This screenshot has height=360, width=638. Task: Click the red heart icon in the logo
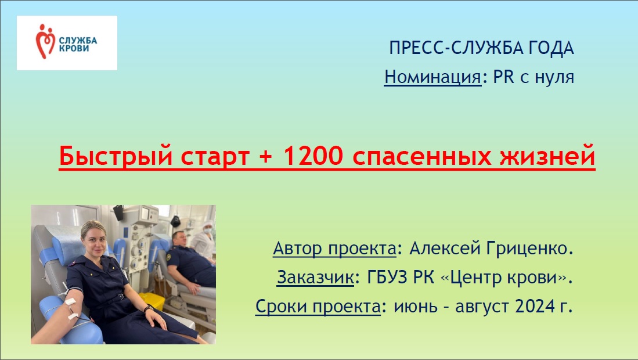coord(45,41)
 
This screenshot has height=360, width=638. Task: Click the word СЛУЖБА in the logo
coord(78,41)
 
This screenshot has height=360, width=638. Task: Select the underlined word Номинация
coord(433,77)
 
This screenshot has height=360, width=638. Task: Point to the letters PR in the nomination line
coord(504,77)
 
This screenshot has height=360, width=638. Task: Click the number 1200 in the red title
coord(312,156)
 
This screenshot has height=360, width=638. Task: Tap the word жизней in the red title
coord(547,156)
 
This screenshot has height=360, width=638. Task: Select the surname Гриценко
coord(529,248)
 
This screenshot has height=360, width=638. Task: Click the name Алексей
coord(444,248)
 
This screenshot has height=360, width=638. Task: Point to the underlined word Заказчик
coord(315,278)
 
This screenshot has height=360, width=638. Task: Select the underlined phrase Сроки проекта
coord(318,307)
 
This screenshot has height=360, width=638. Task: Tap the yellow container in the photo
coord(152,301)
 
